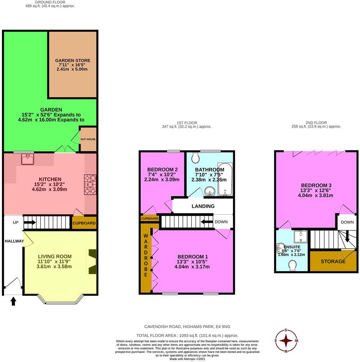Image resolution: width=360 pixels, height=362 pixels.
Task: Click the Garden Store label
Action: [x=73, y=61]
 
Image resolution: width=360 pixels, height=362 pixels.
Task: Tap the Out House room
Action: [x=88, y=140]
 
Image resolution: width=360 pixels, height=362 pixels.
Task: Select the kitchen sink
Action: [x=27, y=160]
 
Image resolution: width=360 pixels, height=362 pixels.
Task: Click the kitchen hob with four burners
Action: [x=90, y=185]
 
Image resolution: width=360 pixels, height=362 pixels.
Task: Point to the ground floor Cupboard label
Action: [x=84, y=223]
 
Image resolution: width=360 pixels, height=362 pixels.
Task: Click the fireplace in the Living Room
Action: [x=92, y=261]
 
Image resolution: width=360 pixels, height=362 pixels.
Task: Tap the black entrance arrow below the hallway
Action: [x=13, y=301]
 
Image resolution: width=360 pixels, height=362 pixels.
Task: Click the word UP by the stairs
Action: [x=16, y=222]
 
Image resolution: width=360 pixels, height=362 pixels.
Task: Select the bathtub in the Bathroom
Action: [x=225, y=179]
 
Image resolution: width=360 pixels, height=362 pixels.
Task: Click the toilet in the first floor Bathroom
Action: [x=195, y=159]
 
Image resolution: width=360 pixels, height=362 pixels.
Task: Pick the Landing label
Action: [x=203, y=206]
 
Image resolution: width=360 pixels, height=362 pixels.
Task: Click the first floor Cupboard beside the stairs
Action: [x=150, y=218]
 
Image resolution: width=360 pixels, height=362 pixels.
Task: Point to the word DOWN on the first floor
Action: [x=221, y=222]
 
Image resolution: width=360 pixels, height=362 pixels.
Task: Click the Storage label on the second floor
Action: [x=333, y=261]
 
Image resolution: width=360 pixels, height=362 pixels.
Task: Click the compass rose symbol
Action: [x=286, y=341]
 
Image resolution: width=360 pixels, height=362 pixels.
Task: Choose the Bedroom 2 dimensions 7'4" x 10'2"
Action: [x=162, y=174]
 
